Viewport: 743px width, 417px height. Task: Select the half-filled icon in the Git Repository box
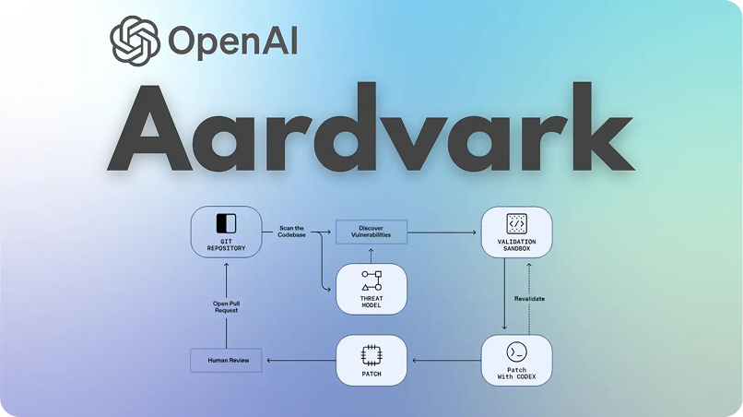[226, 223]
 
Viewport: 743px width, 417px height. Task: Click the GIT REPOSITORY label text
[226, 245]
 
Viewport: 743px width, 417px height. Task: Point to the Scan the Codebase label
[291, 231]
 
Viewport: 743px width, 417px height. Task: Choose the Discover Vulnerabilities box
[370, 231]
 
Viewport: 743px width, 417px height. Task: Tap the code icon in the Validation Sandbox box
[516, 222]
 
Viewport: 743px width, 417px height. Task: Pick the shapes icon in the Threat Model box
[371, 281]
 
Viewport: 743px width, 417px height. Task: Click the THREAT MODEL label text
[371, 303]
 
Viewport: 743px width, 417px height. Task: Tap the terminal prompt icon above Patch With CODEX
[516, 352]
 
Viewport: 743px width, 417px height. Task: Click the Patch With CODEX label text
[516, 375]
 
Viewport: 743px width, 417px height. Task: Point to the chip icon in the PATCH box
[371, 354]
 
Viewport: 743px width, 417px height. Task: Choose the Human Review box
[226, 360]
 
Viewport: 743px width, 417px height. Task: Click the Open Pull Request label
[226, 306]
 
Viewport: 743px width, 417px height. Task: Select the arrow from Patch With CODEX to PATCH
[446, 360]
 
